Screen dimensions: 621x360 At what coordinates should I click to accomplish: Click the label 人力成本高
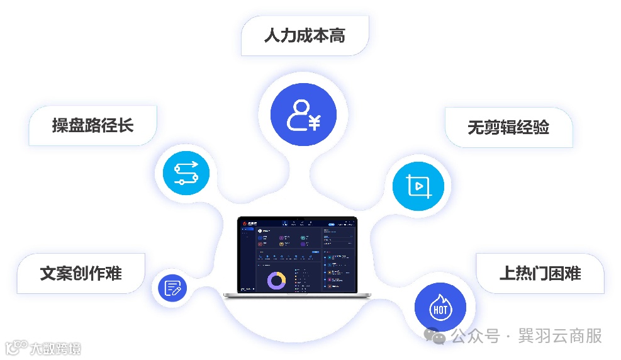(305, 35)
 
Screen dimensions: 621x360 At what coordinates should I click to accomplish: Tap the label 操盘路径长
(92, 125)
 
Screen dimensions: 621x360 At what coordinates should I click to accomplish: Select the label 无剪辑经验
(508, 128)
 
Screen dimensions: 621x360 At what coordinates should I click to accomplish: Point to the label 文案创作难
(81, 273)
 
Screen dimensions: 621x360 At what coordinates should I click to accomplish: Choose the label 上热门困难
(540, 273)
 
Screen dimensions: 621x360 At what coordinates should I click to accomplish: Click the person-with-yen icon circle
(303, 115)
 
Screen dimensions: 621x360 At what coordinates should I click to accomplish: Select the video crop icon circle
(418, 186)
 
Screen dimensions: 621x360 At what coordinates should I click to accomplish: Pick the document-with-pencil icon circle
(172, 288)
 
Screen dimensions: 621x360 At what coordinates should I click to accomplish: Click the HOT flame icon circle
(440, 308)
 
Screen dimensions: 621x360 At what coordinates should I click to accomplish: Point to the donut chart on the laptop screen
(276, 281)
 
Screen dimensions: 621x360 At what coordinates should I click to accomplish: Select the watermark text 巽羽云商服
(560, 337)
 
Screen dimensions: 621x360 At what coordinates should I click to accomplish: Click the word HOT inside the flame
(440, 310)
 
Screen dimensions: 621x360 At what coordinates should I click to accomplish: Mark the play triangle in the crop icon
(417, 186)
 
